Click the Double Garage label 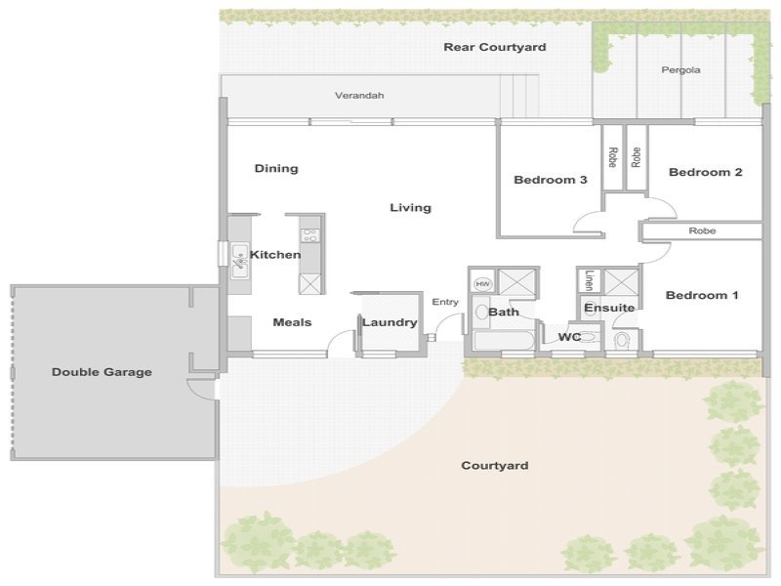pyautogui.click(x=103, y=372)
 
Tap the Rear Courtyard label pyautogui.click(x=495, y=47)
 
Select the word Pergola pyautogui.click(x=680, y=70)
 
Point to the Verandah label pyautogui.click(x=359, y=95)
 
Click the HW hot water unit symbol pyautogui.click(x=482, y=283)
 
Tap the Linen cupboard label pyautogui.click(x=590, y=280)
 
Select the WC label pyautogui.click(x=569, y=337)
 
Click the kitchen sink pyautogui.click(x=239, y=261)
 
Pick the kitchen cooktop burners pyautogui.click(x=310, y=235)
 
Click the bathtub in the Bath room pyautogui.click(x=504, y=340)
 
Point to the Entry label pyautogui.click(x=445, y=302)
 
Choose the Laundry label pyautogui.click(x=390, y=322)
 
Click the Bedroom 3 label pyautogui.click(x=551, y=180)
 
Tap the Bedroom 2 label pyautogui.click(x=705, y=173)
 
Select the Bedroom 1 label pyautogui.click(x=702, y=296)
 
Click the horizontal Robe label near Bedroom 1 pyautogui.click(x=702, y=230)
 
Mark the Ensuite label pyautogui.click(x=609, y=308)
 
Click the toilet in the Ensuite pyautogui.click(x=622, y=341)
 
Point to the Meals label pyautogui.click(x=292, y=322)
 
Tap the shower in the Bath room pyautogui.click(x=517, y=283)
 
